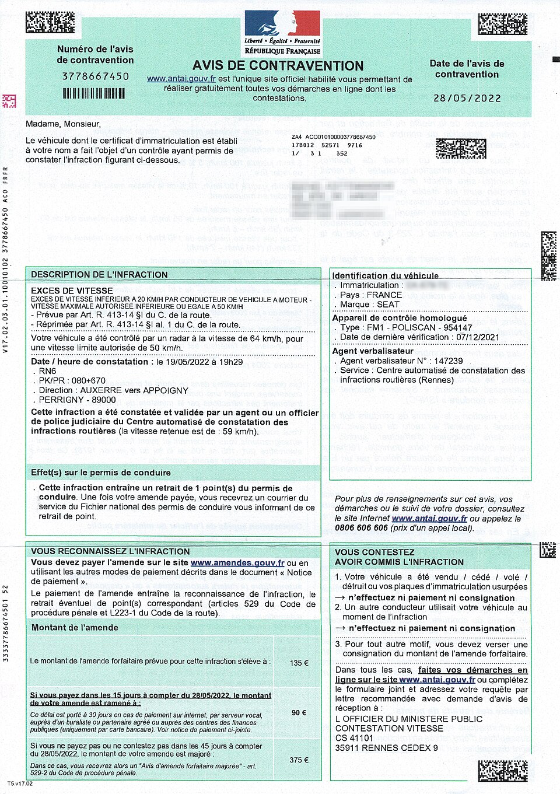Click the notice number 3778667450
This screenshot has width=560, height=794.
[x=96, y=76]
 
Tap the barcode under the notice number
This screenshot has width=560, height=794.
[x=94, y=93]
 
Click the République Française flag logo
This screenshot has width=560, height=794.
[x=282, y=24]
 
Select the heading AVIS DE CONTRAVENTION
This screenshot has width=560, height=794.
[x=278, y=66]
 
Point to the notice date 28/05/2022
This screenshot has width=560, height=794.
[x=467, y=98]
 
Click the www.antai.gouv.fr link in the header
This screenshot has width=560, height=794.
[x=181, y=79]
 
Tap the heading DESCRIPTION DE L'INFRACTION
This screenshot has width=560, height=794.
[x=99, y=275]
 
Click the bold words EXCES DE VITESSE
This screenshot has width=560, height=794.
[x=72, y=291]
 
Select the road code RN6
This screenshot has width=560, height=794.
[x=47, y=371]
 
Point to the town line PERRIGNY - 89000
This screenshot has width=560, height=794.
[x=77, y=400]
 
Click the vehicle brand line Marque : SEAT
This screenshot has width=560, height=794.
[x=370, y=305]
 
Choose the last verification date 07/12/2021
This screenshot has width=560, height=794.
[x=478, y=337]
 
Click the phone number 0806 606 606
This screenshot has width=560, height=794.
[x=361, y=528]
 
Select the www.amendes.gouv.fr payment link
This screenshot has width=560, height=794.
[x=237, y=563]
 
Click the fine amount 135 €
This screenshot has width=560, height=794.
[x=299, y=663]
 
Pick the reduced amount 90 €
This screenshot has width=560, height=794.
[x=299, y=713]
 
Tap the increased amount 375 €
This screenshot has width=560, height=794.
[x=299, y=760]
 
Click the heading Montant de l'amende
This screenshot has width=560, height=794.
[x=75, y=628]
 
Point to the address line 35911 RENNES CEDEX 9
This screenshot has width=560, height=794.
[x=386, y=748]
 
